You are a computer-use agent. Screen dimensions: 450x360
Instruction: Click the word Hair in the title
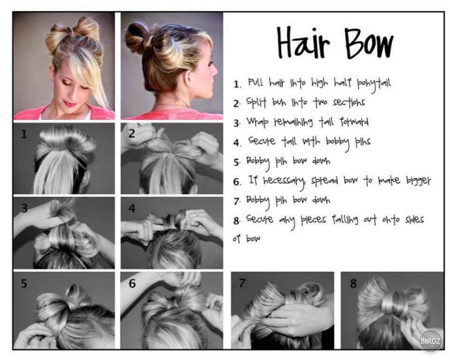(303, 43)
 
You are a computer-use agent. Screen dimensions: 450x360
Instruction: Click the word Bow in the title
(369, 44)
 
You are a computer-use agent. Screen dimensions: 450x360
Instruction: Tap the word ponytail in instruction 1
(374, 84)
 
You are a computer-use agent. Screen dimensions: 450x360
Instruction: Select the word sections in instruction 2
(349, 102)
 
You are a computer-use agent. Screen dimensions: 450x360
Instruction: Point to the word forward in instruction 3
(354, 122)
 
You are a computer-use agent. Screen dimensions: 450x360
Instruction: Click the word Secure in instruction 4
(261, 141)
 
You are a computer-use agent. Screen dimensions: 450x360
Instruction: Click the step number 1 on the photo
(24, 134)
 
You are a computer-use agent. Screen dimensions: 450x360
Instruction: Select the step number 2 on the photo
(131, 134)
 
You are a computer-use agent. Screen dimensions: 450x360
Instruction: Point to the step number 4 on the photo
(132, 208)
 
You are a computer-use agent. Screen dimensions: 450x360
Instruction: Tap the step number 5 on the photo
(24, 284)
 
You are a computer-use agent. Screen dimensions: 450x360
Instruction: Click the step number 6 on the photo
(132, 284)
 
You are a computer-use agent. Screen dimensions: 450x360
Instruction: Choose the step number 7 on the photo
(242, 283)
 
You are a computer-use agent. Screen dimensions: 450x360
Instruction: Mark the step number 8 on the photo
(353, 283)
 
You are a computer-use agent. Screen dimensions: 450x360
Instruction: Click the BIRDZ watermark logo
(430, 341)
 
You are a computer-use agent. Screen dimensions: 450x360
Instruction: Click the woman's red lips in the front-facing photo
(69, 103)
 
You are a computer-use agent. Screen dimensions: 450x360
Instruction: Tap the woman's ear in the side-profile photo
(188, 79)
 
